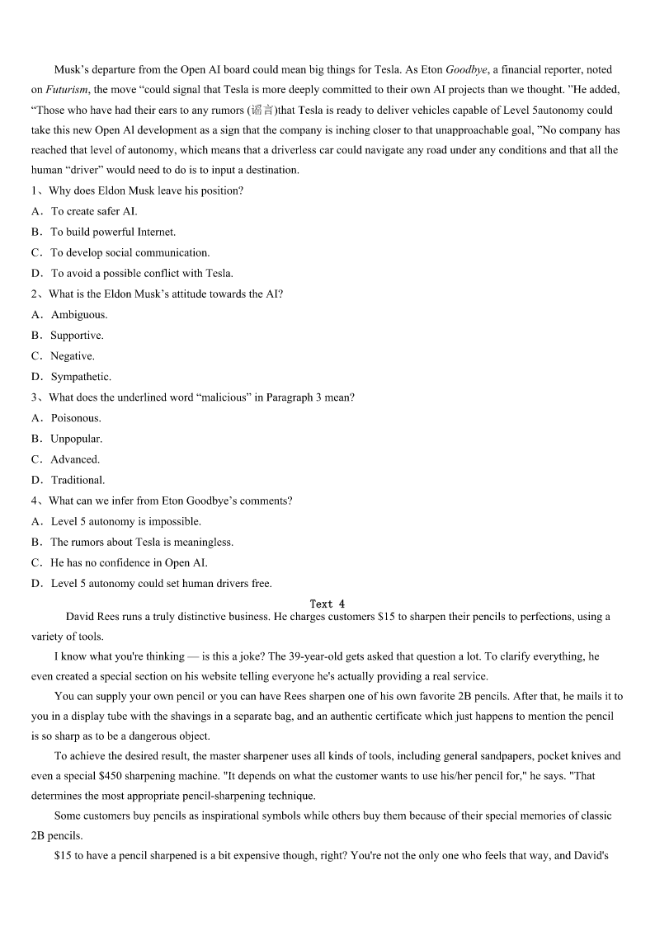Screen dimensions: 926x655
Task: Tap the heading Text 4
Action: click(x=327, y=604)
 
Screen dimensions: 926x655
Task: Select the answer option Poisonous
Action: click(x=76, y=418)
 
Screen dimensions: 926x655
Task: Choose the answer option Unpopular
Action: click(x=76, y=439)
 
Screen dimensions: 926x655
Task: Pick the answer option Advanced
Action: click(x=75, y=459)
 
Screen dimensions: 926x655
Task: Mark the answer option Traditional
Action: click(x=78, y=480)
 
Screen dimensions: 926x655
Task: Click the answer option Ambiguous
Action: click(x=79, y=314)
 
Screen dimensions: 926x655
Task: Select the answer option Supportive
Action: click(x=77, y=336)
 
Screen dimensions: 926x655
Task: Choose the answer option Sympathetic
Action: click(x=81, y=377)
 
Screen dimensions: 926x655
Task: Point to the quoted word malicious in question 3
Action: click(x=224, y=397)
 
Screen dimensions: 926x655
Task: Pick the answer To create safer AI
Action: click(x=94, y=211)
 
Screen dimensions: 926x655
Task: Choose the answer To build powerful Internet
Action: click(x=113, y=232)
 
